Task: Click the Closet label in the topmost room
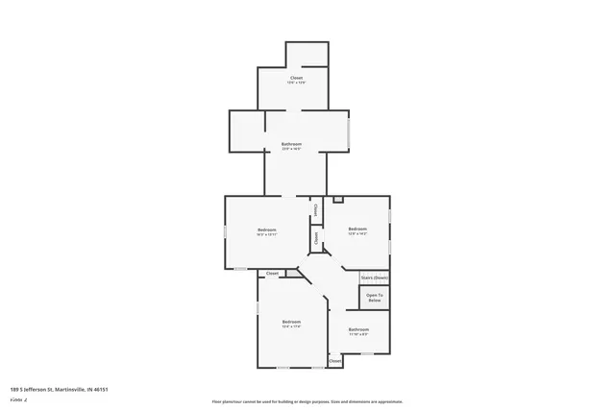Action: [x=297, y=77]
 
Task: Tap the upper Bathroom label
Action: [x=291, y=143]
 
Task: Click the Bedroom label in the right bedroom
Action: [x=357, y=228]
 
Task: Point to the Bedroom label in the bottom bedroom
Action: [x=291, y=321]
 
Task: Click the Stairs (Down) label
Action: [x=375, y=277]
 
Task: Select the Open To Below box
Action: [x=375, y=298]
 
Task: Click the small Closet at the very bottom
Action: [x=334, y=361]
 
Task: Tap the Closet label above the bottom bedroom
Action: [x=272, y=274]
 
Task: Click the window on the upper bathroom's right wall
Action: [x=349, y=131]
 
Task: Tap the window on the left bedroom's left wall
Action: [x=226, y=231]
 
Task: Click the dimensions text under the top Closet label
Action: [x=297, y=83]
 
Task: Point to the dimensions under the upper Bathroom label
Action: [x=291, y=149]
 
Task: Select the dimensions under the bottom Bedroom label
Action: [x=291, y=326]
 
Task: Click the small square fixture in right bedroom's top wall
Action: [x=337, y=200]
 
